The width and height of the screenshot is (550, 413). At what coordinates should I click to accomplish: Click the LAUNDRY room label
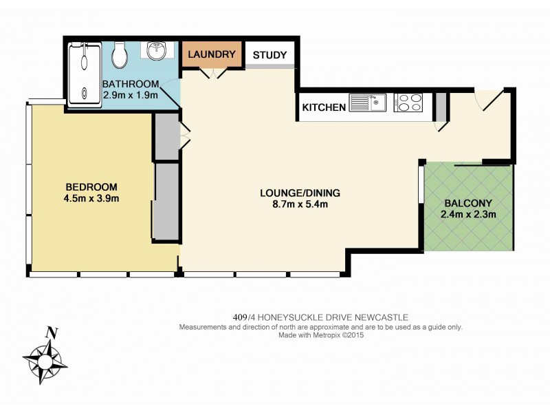click(212, 54)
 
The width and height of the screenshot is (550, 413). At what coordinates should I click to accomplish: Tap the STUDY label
click(270, 55)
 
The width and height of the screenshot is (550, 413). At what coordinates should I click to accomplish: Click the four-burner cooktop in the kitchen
click(410, 103)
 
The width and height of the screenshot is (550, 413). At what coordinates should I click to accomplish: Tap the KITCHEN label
click(323, 107)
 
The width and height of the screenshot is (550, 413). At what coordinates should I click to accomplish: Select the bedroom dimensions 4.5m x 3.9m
click(91, 200)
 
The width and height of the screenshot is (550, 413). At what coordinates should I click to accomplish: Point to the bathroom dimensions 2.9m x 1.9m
click(131, 96)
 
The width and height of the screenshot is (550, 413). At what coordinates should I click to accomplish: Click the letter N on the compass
click(50, 333)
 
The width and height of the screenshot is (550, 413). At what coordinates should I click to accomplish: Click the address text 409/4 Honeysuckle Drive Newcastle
click(321, 317)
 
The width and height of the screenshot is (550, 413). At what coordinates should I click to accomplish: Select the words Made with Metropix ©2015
click(321, 336)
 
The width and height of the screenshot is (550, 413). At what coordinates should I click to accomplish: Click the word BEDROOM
click(91, 187)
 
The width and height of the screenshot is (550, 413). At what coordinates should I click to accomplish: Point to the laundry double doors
click(212, 72)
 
